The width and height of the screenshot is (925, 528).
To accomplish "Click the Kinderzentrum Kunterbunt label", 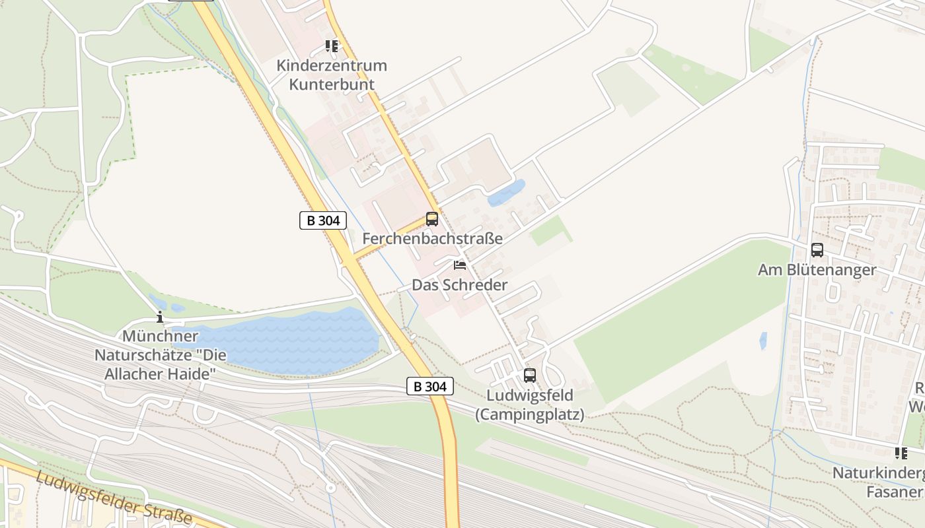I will click(332, 75).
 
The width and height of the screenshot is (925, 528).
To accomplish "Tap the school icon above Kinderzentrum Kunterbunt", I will click(332, 46).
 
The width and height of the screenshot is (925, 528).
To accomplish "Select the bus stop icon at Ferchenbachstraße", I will click(432, 219).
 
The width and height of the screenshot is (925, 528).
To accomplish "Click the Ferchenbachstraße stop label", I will click(432, 238).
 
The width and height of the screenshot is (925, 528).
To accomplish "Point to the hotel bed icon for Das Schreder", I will click(460, 265).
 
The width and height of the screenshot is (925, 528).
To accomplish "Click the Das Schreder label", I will click(460, 284).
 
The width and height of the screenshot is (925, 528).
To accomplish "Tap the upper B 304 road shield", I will click(323, 220).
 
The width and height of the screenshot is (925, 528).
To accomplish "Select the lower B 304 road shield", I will click(430, 386).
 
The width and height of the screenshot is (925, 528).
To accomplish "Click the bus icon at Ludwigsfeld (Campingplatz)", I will click(530, 376).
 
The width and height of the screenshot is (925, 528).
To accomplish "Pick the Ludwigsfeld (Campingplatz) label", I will click(530, 405).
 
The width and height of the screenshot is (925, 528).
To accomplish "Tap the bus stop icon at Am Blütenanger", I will click(817, 250).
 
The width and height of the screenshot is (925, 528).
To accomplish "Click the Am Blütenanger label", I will click(817, 269).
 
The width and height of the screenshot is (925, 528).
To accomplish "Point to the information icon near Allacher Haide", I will click(159, 317).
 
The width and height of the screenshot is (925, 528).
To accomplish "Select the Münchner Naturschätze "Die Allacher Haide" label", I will click(161, 355).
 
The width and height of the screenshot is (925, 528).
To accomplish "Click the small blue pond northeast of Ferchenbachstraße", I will click(506, 193).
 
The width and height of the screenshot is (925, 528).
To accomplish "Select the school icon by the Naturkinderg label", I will click(901, 453).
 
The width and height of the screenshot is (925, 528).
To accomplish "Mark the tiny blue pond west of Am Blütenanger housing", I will click(763, 341).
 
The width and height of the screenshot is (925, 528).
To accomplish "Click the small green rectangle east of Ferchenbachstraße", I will click(551, 231).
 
